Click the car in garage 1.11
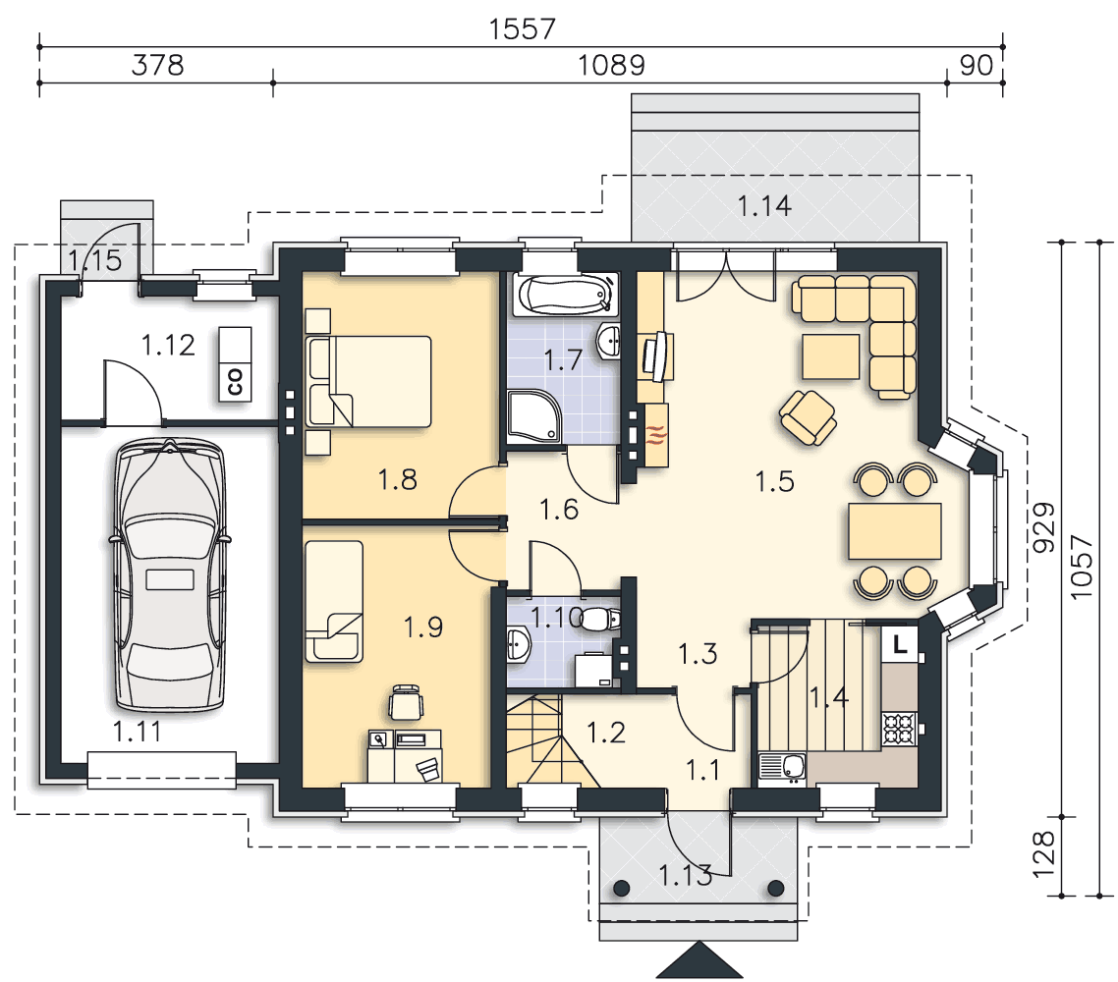[170, 574]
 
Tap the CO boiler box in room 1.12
[235, 363]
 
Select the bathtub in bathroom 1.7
[566, 295]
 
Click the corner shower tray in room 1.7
[534, 415]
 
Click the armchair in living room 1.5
[808, 418]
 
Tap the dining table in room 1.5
[895, 531]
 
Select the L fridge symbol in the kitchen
[901, 643]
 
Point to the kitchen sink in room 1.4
[782, 768]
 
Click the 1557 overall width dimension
[522, 29]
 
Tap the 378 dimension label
[157, 65]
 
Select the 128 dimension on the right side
[1043, 853]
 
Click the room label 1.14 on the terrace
[764, 206]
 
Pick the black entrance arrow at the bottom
[699, 959]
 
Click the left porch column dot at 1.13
[622, 888]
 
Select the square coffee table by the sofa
[831, 356]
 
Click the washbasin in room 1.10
[519, 644]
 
